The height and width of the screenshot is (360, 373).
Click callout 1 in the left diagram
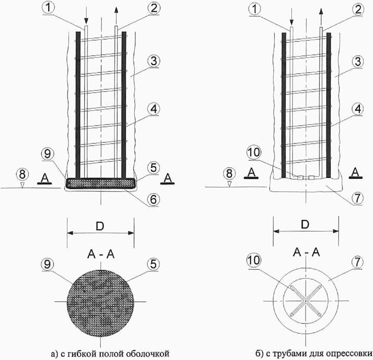click(x=49, y=8)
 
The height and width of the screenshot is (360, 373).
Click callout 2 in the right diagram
click(x=357, y=9)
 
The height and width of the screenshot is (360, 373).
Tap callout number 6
click(x=154, y=199)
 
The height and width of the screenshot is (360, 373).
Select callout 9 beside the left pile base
click(x=48, y=154)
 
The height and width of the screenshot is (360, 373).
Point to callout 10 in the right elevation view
click(x=254, y=152)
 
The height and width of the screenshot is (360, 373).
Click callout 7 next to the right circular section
click(x=357, y=263)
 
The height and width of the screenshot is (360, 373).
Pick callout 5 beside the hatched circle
click(x=154, y=264)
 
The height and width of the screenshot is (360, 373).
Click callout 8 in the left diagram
click(x=22, y=174)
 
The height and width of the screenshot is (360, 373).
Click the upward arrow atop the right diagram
click(x=321, y=16)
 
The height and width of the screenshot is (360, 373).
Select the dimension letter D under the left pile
click(x=100, y=226)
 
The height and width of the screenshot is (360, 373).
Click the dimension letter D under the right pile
click(x=305, y=225)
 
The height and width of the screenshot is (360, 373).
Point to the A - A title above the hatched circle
click(x=101, y=255)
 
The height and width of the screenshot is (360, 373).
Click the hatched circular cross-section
click(x=100, y=303)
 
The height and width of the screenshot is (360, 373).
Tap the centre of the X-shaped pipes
click(x=306, y=301)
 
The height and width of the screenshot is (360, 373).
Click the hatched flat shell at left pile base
click(x=101, y=184)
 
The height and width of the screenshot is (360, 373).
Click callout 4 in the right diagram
click(x=357, y=109)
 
